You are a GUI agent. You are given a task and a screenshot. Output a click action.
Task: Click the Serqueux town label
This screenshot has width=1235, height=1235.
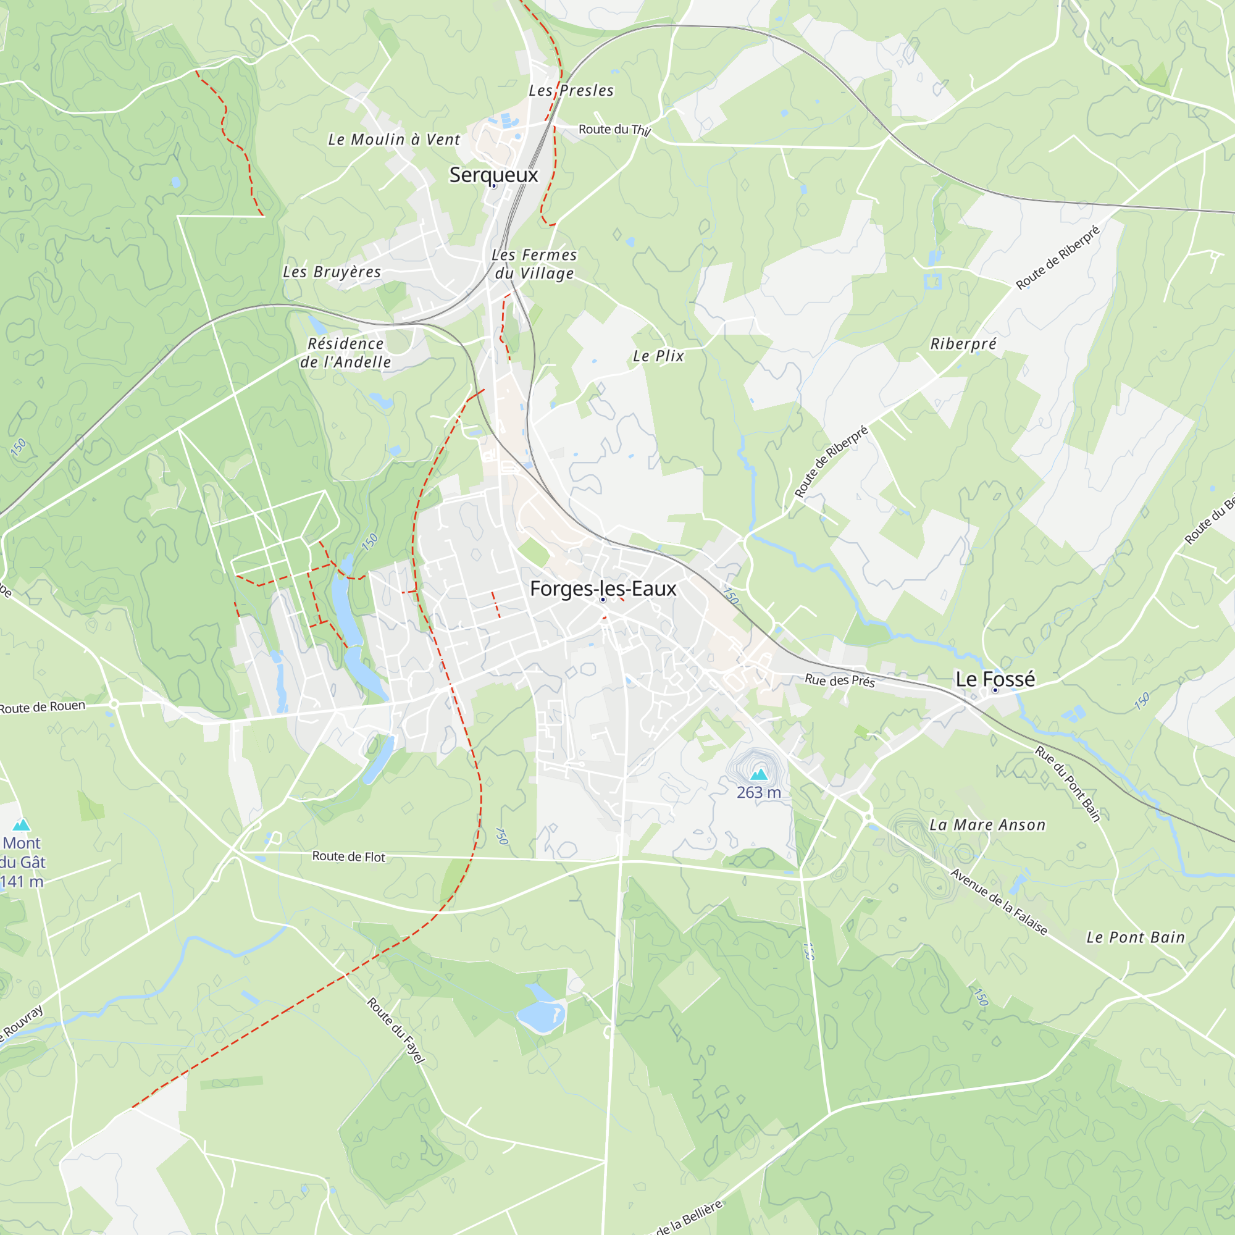pos(493,175)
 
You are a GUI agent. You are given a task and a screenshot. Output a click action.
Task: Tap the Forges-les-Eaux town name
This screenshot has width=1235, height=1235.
pos(603,588)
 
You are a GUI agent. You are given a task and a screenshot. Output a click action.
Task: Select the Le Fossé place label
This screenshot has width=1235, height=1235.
pos(995,679)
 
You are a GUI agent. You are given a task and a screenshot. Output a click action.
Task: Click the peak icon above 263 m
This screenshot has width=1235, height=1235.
pos(759,775)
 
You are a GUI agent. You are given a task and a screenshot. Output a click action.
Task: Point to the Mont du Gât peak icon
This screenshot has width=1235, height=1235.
pos(22,824)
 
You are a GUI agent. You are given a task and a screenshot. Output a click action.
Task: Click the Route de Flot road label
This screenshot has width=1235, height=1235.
pos(348,856)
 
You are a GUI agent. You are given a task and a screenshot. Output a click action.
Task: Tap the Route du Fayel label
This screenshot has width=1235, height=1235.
pos(396,1031)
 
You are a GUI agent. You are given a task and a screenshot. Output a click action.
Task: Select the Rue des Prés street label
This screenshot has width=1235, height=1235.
pos(839,680)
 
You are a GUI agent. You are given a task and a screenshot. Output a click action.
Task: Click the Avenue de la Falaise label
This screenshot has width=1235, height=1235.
pos(998,902)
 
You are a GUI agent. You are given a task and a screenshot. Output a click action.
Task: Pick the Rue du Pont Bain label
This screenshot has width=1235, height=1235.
pos(1068,784)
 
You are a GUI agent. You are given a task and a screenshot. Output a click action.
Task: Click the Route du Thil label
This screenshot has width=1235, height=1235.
pos(614,130)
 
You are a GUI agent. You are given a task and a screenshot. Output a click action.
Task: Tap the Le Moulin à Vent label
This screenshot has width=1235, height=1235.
pos(394,140)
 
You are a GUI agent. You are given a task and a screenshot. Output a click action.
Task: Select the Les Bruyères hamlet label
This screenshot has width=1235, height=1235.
pos(332,272)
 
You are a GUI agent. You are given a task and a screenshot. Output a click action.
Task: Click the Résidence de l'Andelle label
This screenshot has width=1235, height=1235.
pos(346,353)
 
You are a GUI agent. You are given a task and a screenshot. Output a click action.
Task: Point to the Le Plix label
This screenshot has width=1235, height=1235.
pos(658,356)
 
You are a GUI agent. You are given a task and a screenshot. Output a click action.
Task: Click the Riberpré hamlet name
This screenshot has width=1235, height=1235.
pos(963,344)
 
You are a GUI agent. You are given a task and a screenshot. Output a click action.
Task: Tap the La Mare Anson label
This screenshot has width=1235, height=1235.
pos(987,825)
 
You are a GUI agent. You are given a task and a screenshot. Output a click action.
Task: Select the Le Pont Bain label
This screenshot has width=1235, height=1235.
pos(1136,938)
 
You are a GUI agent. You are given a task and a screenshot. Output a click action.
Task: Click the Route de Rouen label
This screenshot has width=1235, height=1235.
pos(42,707)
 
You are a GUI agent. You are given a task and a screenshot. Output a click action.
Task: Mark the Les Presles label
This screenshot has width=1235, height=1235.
pos(571,91)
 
